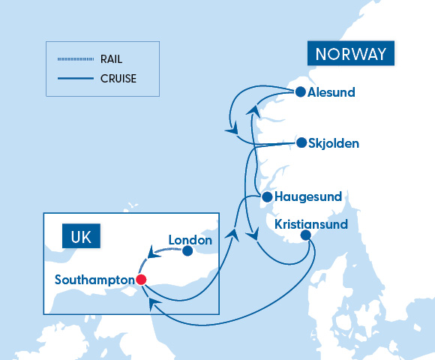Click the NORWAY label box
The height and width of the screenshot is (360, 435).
351,55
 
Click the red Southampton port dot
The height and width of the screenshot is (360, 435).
141,280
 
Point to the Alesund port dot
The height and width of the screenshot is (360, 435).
299,92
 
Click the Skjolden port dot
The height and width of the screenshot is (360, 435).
301,142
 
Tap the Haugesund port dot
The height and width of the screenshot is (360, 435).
266,196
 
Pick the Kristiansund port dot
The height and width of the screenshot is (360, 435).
305,235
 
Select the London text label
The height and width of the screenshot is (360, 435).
190,240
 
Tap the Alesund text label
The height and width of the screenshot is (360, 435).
331,93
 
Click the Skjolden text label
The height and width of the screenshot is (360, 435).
333,143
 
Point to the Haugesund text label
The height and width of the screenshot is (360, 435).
308,196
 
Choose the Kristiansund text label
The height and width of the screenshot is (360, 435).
311,223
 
